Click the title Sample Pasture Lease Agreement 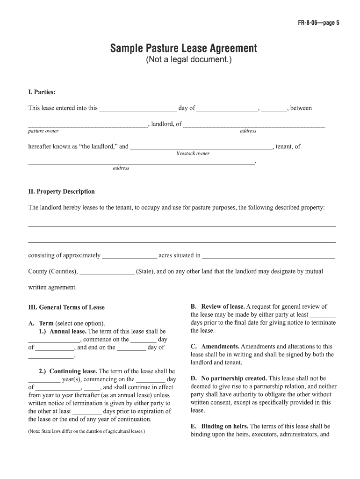(183, 48)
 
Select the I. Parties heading (42, 92)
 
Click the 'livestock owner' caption (193, 153)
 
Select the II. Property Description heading (61, 191)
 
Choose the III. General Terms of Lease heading (66, 307)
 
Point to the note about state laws (86, 431)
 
